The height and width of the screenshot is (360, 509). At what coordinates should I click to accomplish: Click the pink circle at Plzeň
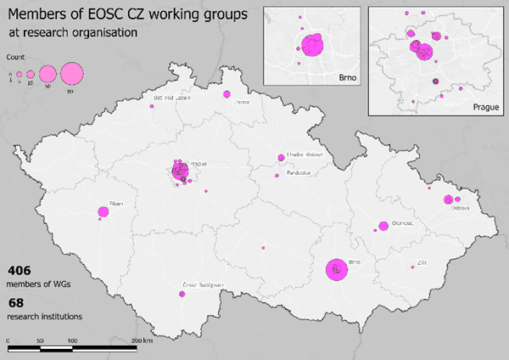pos(103,211)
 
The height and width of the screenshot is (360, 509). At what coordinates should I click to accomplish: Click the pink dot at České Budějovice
pos(182,295)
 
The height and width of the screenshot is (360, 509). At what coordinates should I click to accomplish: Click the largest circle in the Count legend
pos(71,74)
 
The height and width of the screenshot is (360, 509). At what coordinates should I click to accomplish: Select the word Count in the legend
pos(15,56)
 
